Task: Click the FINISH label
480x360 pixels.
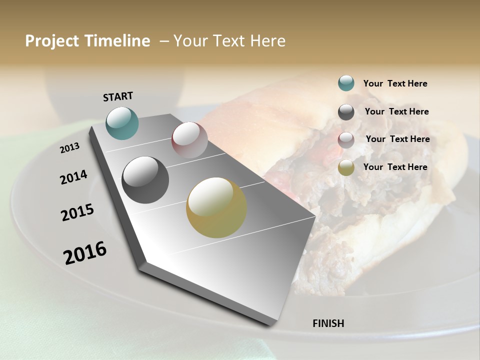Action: (328, 323)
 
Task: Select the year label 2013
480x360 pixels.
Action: (69, 148)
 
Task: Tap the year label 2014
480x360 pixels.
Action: (73, 177)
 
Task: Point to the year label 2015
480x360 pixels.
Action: (77, 212)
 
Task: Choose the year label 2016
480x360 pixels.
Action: (85, 252)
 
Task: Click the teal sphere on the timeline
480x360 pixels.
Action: (122, 123)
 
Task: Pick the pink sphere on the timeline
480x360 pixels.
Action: (189, 140)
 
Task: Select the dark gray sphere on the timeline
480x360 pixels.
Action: (145, 180)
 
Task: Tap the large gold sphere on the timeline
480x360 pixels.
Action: (216, 207)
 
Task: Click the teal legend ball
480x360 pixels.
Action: (346, 83)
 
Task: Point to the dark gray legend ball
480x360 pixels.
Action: (346, 112)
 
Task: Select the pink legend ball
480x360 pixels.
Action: (346, 140)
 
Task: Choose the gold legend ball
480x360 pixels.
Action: (346, 168)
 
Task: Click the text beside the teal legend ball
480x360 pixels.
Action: (395, 83)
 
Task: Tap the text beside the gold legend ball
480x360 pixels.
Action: (395, 167)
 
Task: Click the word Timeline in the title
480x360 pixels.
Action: (118, 41)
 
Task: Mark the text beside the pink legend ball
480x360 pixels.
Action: (397, 139)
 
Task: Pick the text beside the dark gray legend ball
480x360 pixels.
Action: (396, 111)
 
